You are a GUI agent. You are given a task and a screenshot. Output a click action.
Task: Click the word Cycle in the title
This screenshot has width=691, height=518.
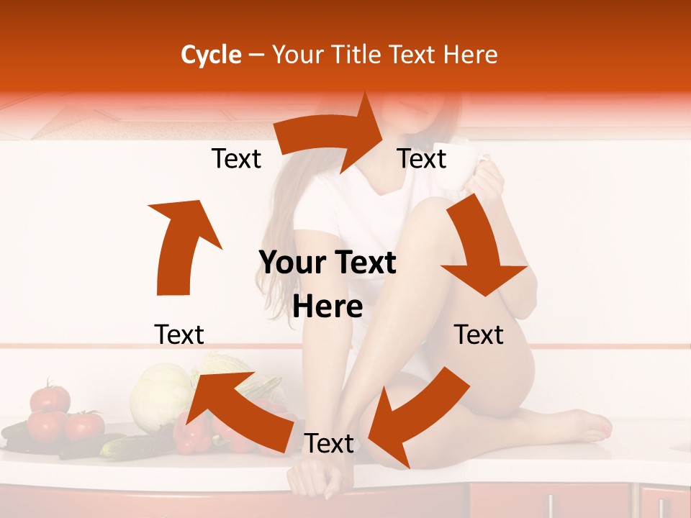click(x=211, y=55)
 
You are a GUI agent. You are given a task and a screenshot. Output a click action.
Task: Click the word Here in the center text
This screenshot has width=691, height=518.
click(x=328, y=307)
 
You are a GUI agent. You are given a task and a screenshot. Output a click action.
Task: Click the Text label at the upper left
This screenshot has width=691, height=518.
click(x=236, y=159)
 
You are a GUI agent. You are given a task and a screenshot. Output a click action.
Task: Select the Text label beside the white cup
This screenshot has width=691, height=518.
click(x=422, y=159)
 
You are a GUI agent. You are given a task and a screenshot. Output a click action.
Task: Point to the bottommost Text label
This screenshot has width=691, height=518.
click(x=329, y=444)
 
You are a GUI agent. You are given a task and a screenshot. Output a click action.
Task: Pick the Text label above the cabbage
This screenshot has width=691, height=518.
click(x=179, y=335)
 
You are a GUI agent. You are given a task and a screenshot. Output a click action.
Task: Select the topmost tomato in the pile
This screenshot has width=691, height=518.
click(x=50, y=397)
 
